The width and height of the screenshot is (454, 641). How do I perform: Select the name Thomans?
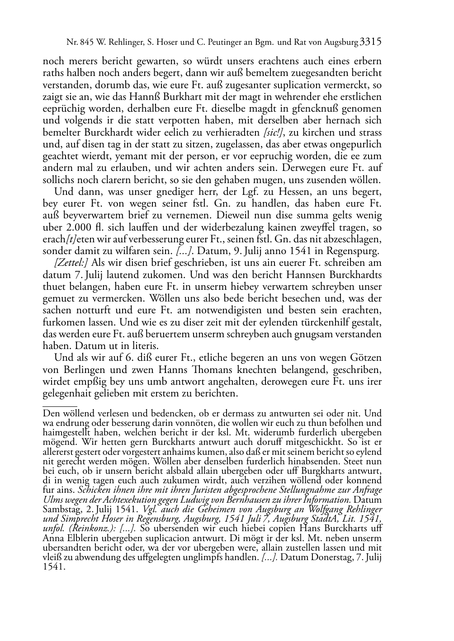coord(219,370)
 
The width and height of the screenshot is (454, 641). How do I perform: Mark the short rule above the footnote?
coord(60,406)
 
